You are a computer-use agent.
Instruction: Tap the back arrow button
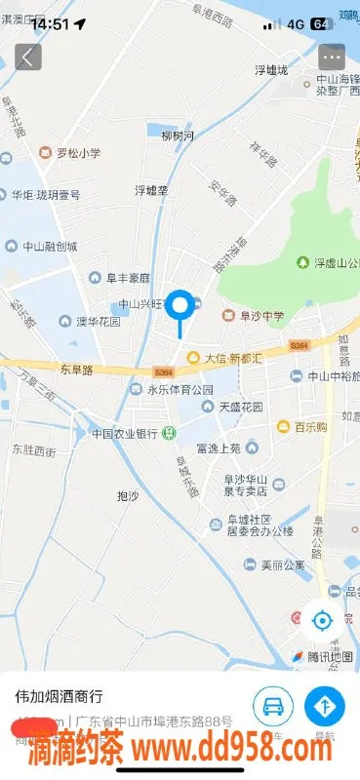(27, 57)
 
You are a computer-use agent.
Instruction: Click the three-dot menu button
(332, 57)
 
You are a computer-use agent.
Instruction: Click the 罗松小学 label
(77, 152)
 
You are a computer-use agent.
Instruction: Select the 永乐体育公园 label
(180, 389)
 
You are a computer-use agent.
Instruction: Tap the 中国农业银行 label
(125, 433)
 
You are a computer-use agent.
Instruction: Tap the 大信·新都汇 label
(233, 358)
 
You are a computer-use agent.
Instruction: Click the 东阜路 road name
(75, 370)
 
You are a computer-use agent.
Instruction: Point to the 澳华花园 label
(99, 321)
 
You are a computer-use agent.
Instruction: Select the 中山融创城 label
(63, 247)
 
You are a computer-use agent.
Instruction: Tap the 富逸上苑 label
(218, 448)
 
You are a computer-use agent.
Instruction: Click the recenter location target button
(321, 618)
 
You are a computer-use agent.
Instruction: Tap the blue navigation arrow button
(325, 705)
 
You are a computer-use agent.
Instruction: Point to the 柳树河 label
(178, 136)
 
